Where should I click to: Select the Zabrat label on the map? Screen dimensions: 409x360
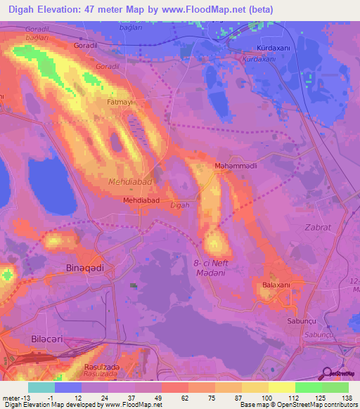point(317,228)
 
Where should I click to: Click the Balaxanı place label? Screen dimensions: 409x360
point(276,285)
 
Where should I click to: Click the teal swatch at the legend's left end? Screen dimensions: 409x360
point(41,387)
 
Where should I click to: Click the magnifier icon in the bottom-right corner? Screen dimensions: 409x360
point(327,375)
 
